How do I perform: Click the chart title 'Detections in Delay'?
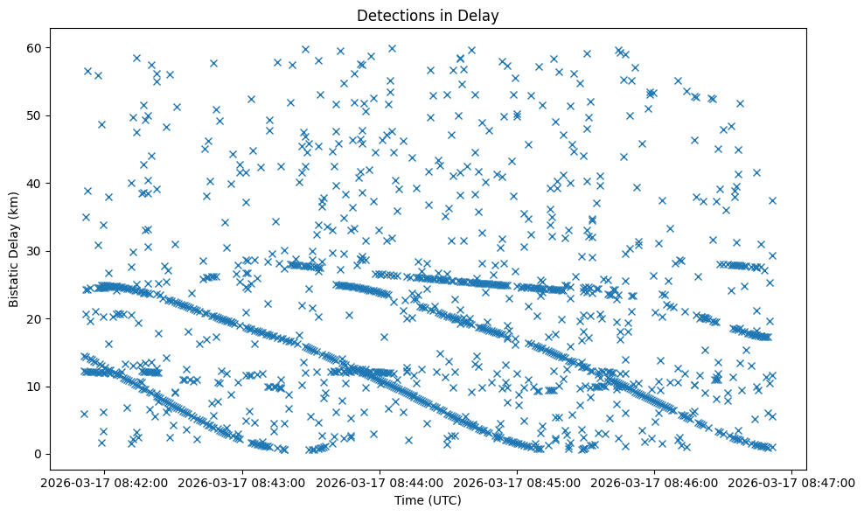point(428,15)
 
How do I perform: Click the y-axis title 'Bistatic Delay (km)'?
point(14,250)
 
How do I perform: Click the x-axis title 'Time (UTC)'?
point(428,500)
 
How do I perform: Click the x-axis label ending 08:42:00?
point(106,482)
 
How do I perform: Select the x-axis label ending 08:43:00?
point(243,482)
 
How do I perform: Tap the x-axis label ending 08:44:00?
point(380,482)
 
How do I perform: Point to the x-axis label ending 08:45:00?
point(518,482)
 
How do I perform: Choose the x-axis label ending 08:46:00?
point(655,482)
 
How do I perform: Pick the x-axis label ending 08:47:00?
point(792,482)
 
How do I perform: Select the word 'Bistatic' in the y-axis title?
point(14,281)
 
